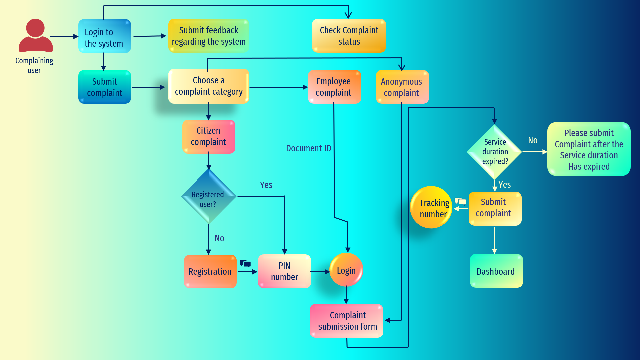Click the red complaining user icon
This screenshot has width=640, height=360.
pyautogui.click(x=35, y=36)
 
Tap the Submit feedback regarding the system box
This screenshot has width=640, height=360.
pyautogui.click(x=209, y=36)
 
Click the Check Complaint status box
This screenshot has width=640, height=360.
pyautogui.click(x=349, y=36)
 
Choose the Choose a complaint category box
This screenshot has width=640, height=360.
pyautogui.click(x=209, y=86)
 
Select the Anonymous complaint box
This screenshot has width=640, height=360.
pyautogui.click(x=402, y=87)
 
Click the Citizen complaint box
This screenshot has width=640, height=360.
pyautogui.click(x=209, y=136)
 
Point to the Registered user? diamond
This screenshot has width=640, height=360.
pyautogui.click(x=208, y=197)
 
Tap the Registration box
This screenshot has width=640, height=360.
pyautogui.click(x=210, y=271)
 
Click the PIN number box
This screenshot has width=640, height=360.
pyautogui.click(x=284, y=271)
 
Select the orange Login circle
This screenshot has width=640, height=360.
pyautogui.click(x=346, y=270)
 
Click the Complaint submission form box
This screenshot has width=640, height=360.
pyautogui.click(x=347, y=321)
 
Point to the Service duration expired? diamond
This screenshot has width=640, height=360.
pyautogui.click(x=494, y=152)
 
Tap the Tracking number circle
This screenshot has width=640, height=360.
pyautogui.click(x=431, y=207)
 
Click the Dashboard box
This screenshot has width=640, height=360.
pyautogui.click(x=496, y=271)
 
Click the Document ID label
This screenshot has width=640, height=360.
pyautogui.click(x=308, y=148)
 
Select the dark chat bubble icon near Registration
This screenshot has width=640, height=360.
pyautogui.click(x=245, y=264)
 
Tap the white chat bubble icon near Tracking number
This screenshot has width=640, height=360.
pyautogui.click(x=460, y=201)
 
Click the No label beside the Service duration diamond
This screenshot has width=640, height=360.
pyautogui.click(x=533, y=140)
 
